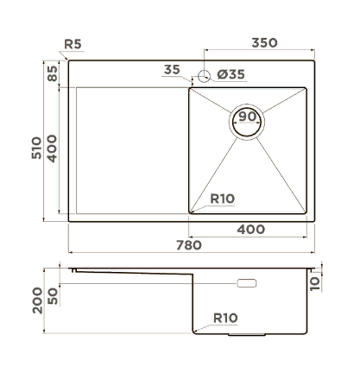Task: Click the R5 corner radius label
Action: pyautogui.click(x=73, y=44)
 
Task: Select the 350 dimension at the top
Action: pyautogui.click(x=264, y=42)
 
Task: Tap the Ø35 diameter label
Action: pyautogui.click(x=231, y=74)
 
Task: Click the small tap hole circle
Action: pyautogui.click(x=204, y=76)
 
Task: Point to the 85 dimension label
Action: pyautogui.click(x=53, y=73)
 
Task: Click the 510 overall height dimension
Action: pyautogui.click(x=36, y=148)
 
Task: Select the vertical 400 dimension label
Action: pyautogui.click(x=52, y=149)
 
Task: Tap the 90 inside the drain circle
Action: pyautogui.click(x=247, y=117)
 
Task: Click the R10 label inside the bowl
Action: pyautogui.click(x=223, y=199)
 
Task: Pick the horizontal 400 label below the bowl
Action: pyautogui.click(x=250, y=230)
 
